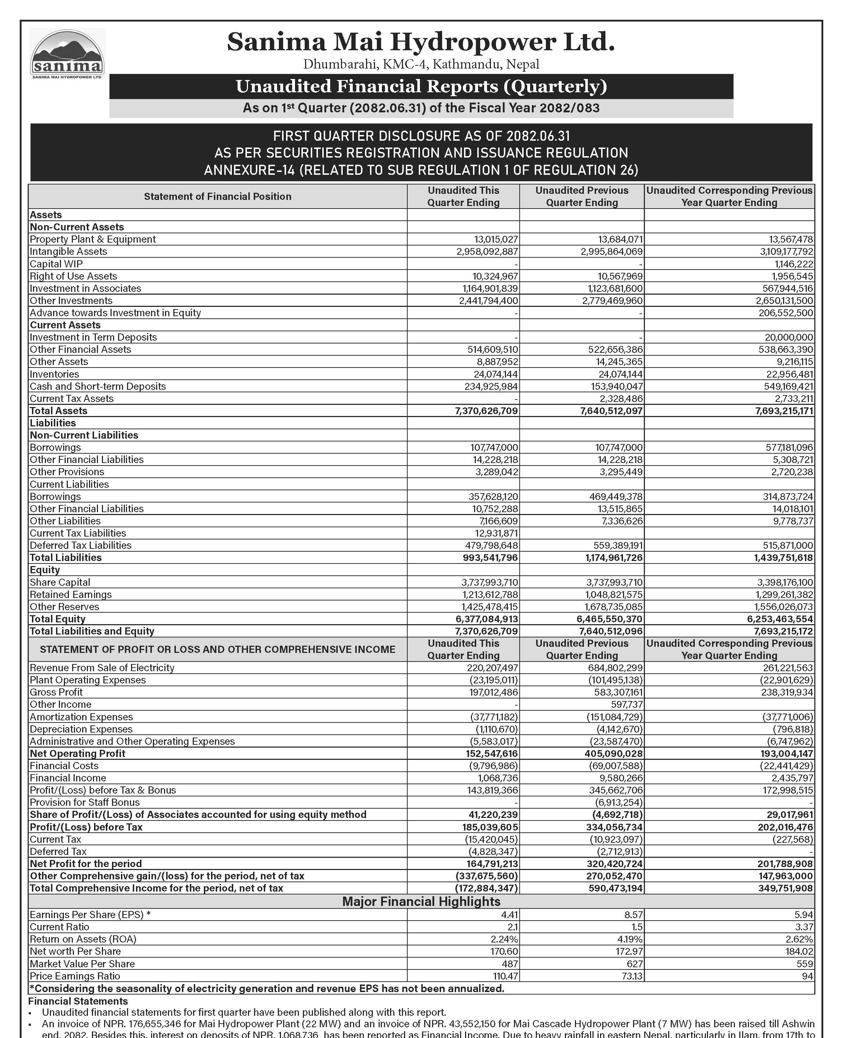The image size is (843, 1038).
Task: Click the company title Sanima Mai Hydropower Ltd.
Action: [421, 42]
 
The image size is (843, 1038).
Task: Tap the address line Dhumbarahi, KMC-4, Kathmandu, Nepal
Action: [421, 64]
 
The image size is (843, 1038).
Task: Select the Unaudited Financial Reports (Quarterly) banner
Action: [421, 86]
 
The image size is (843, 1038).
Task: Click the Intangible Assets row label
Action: [69, 252]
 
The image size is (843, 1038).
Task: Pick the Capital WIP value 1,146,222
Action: [792, 264]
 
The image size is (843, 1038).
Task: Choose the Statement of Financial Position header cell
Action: [217, 197]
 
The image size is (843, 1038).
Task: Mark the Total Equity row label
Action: [57, 619]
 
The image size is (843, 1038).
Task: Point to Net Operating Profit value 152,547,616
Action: [490, 753]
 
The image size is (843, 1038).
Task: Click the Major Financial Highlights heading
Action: [421, 902]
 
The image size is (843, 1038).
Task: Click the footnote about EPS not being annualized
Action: [267, 988]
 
